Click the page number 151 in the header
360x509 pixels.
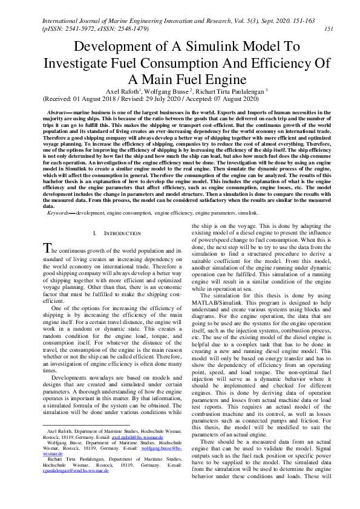(x=329, y=28)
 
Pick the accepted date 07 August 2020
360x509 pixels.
(x=228, y=99)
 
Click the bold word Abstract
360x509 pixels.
(x=59, y=113)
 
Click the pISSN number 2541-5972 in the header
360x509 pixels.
(x=72, y=28)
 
